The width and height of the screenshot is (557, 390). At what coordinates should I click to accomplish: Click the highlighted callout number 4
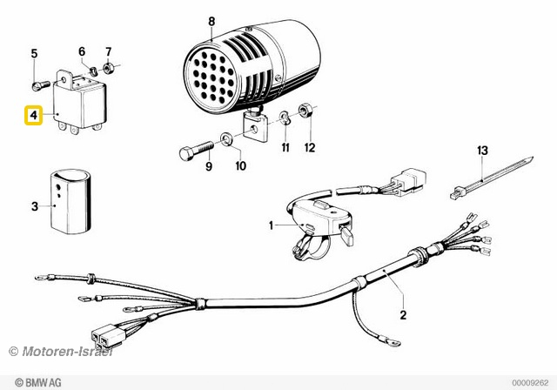33,115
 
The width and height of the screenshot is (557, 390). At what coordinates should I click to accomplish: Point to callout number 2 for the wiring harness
402,314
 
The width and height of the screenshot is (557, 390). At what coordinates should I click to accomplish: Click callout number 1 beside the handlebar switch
271,226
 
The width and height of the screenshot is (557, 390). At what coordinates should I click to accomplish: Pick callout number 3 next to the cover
34,206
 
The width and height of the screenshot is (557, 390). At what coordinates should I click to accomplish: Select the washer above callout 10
226,137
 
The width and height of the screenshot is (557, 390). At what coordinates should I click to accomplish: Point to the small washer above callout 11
285,117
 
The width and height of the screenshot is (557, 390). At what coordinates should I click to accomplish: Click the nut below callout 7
108,67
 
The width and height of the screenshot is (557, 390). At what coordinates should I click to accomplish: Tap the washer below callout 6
91,66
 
